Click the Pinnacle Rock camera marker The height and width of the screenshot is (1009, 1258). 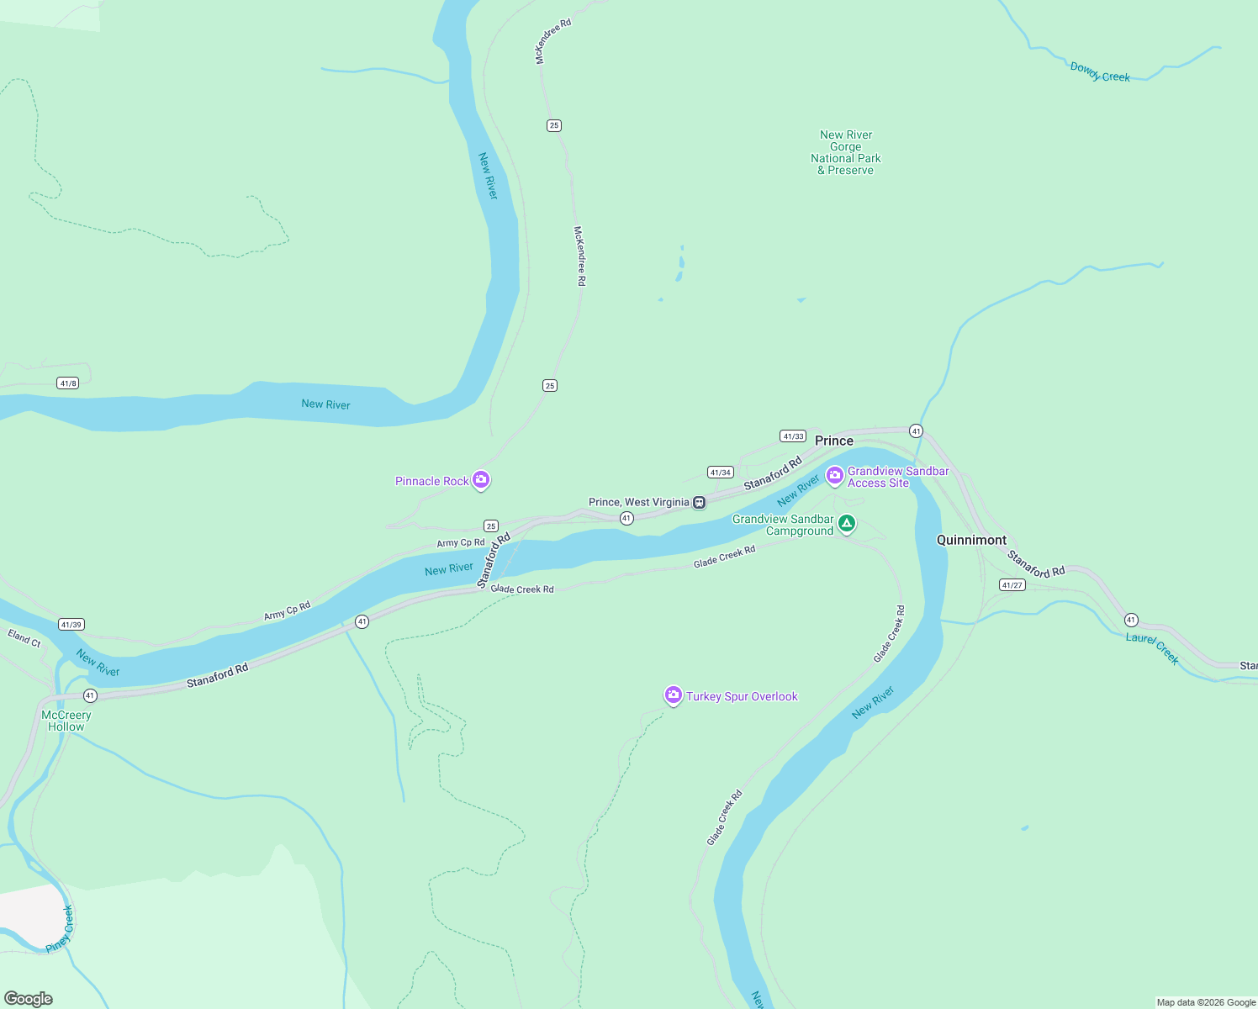481,480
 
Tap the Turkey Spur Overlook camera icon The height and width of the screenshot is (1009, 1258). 673,695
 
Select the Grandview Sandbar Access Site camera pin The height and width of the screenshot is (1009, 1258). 834,476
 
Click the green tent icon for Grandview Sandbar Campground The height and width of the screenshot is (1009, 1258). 847,524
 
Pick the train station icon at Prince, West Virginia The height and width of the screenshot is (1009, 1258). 699,503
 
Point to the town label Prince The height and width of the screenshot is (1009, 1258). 833,441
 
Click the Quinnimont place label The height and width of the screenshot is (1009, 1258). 971,540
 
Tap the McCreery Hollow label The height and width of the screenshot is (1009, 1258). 66,721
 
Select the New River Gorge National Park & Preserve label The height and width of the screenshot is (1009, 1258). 846,152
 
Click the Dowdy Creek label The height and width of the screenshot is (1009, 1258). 1100,72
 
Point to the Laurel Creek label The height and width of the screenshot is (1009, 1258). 1152,648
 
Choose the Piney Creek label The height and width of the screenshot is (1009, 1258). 60,929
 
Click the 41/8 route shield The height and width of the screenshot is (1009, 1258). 68,383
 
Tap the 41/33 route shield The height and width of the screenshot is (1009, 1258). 793,436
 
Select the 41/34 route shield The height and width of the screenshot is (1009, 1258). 720,473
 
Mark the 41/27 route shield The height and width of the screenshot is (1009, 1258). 1012,585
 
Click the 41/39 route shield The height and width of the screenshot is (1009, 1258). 71,625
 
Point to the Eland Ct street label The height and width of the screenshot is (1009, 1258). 24,638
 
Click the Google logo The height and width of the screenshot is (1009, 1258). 29,999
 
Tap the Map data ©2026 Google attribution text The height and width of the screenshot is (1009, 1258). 1206,1002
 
